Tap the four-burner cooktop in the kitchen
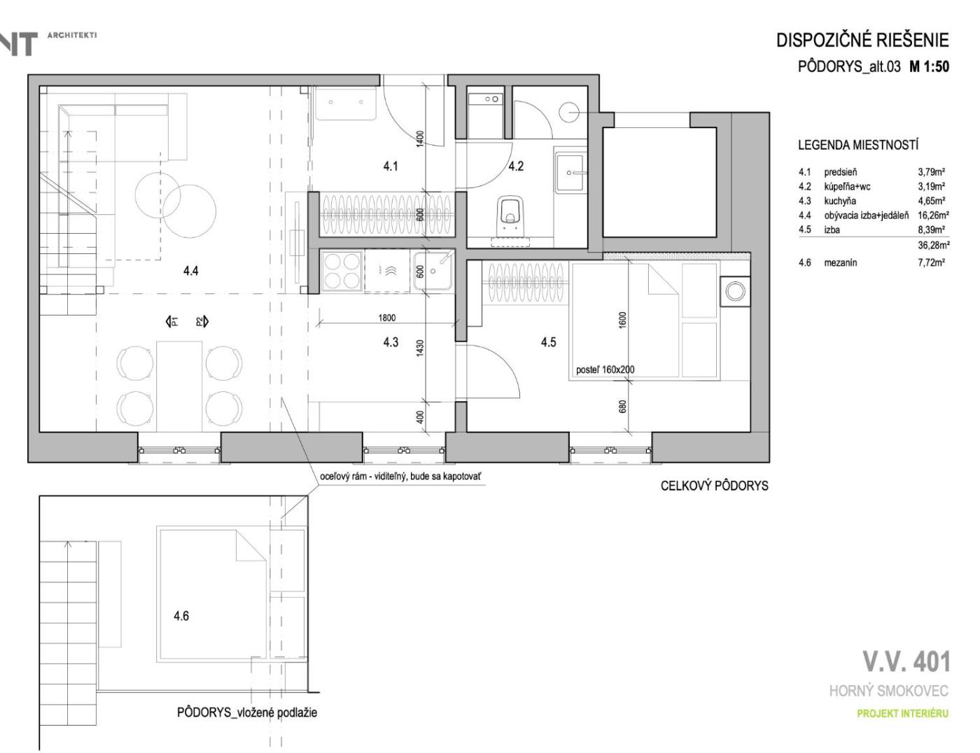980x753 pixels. tap(342, 271)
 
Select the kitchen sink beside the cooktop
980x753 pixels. tap(433, 271)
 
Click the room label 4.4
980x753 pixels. tap(191, 271)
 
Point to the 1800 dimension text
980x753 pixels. tap(386, 318)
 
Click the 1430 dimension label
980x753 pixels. tap(420, 348)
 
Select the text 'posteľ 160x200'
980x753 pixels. tap(605, 370)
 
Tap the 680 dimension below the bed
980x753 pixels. tap(623, 407)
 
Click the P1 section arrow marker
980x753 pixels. tap(171, 321)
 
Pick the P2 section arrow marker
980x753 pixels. tap(202, 321)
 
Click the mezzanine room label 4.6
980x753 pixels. tap(181, 615)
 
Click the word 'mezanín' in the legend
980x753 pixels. tap(841, 262)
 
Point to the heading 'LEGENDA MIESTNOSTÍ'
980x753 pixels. tap(858, 145)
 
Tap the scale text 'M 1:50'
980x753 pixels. tap(929, 66)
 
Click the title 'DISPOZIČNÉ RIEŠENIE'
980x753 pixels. tap(862, 41)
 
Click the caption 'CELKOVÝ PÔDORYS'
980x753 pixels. tap(715, 486)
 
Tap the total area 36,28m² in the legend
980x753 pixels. tap(934, 246)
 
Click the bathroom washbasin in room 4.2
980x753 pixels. tap(570, 173)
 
